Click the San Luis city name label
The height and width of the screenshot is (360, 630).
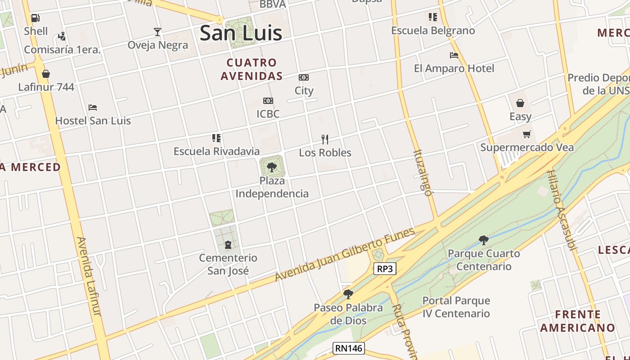[241, 33]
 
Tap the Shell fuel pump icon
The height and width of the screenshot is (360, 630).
[36, 18]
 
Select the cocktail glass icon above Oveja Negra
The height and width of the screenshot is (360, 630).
[157, 31]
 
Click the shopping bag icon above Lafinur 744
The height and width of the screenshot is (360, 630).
[46, 74]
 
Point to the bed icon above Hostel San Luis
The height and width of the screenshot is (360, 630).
[93, 108]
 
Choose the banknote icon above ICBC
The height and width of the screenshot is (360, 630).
[268, 101]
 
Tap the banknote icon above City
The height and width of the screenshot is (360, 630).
[304, 77]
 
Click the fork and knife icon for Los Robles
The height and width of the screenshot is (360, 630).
[325, 139]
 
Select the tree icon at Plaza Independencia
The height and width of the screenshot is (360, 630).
[271, 167]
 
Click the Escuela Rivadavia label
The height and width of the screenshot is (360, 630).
[216, 151]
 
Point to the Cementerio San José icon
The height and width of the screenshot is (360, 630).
[228, 245]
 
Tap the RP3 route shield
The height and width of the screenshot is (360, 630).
[385, 269]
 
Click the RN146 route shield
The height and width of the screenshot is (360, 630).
[348, 348]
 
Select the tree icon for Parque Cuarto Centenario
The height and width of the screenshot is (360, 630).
[484, 240]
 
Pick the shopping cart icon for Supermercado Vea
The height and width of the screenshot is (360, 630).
[526, 134]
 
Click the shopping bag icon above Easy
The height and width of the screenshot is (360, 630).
[520, 103]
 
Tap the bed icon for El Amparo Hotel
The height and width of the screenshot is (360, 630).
[454, 55]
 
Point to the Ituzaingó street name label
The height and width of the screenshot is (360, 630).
[422, 173]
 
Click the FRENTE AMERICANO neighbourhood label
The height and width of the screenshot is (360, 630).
[577, 321]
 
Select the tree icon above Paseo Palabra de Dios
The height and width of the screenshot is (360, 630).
[348, 294]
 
